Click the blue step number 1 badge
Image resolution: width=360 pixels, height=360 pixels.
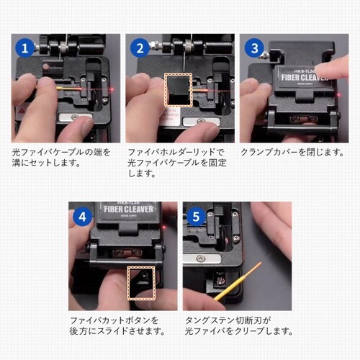pyautogui.click(x=26, y=49)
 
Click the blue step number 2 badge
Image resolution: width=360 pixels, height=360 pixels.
pyautogui.click(x=139, y=49)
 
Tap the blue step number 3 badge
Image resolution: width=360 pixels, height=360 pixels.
pyautogui.click(x=253, y=49)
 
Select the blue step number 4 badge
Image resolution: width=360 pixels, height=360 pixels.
pyautogui.click(x=82, y=216)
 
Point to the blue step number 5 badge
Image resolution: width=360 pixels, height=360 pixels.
pyautogui.click(x=195, y=216)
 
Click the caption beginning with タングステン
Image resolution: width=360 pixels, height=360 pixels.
pyautogui.click(x=238, y=325)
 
